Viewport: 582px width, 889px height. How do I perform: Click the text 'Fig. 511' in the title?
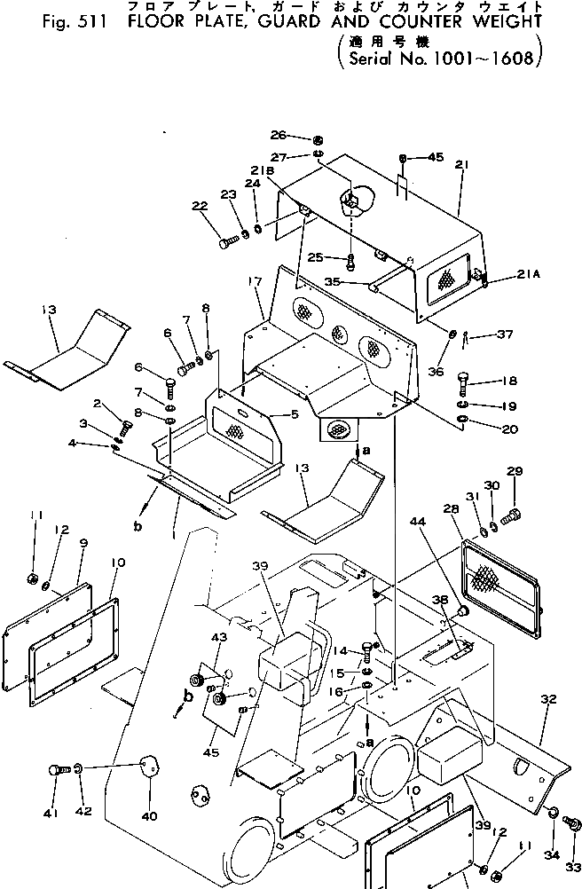pyautogui.click(x=70, y=24)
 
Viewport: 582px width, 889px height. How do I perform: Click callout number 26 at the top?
pyautogui.click(x=279, y=136)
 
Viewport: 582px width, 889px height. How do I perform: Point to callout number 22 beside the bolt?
pyautogui.click(x=198, y=207)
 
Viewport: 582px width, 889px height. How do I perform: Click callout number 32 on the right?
pyautogui.click(x=547, y=700)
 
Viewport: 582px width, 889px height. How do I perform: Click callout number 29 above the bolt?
pyautogui.click(x=515, y=471)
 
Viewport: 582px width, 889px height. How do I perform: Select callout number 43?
pyautogui.click(x=219, y=637)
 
